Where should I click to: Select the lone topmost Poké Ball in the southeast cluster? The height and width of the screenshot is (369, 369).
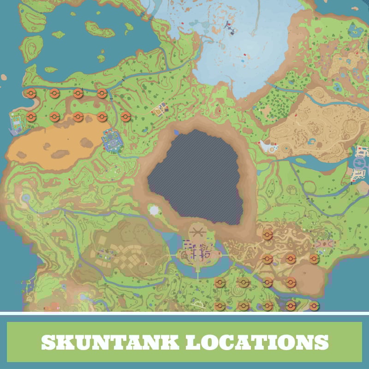point(267,235)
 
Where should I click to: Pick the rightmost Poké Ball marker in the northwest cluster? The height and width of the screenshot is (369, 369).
point(125,116)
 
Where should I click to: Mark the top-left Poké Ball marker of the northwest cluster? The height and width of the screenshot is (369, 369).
point(30,93)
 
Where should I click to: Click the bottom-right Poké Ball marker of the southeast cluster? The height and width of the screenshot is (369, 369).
point(314,305)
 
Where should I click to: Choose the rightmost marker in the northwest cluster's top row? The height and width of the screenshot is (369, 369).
point(102,93)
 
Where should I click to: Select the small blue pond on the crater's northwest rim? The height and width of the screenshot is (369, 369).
point(176,132)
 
